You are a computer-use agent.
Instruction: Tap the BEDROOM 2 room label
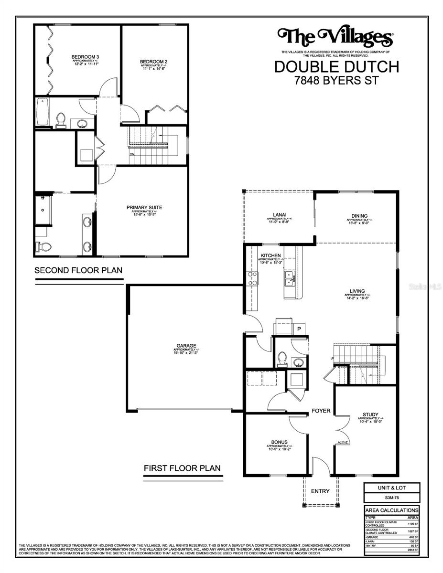(153, 62)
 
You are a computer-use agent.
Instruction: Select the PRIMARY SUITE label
(144, 207)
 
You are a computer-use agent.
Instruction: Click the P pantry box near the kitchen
(299, 329)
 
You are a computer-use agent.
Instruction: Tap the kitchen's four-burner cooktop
(252, 278)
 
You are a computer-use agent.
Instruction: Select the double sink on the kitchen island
(290, 278)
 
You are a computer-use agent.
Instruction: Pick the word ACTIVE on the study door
(343, 443)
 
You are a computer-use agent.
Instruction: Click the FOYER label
(321, 411)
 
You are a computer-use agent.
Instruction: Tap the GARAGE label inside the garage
(185, 346)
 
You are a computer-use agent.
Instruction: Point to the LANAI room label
(277, 215)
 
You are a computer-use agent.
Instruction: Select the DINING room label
(360, 216)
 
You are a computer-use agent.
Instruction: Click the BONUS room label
(279, 442)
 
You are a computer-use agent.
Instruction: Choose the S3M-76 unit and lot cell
(391, 497)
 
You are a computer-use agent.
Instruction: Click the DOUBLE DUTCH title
(336, 66)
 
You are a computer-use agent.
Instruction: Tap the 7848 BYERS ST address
(336, 80)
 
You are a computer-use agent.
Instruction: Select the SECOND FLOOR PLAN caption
(78, 270)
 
